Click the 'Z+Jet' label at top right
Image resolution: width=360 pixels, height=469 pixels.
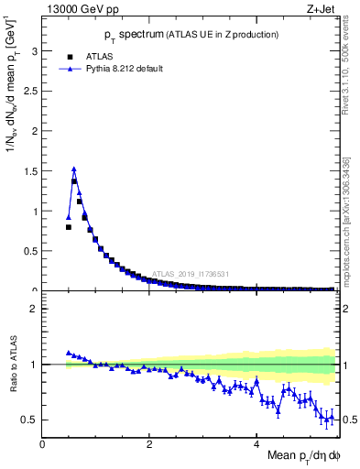click(324, 9)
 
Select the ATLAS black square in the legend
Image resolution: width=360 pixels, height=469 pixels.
click(70, 57)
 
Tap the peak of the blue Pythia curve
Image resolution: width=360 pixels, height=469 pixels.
click(73, 169)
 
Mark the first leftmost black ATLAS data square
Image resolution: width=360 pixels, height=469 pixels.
click(69, 227)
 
